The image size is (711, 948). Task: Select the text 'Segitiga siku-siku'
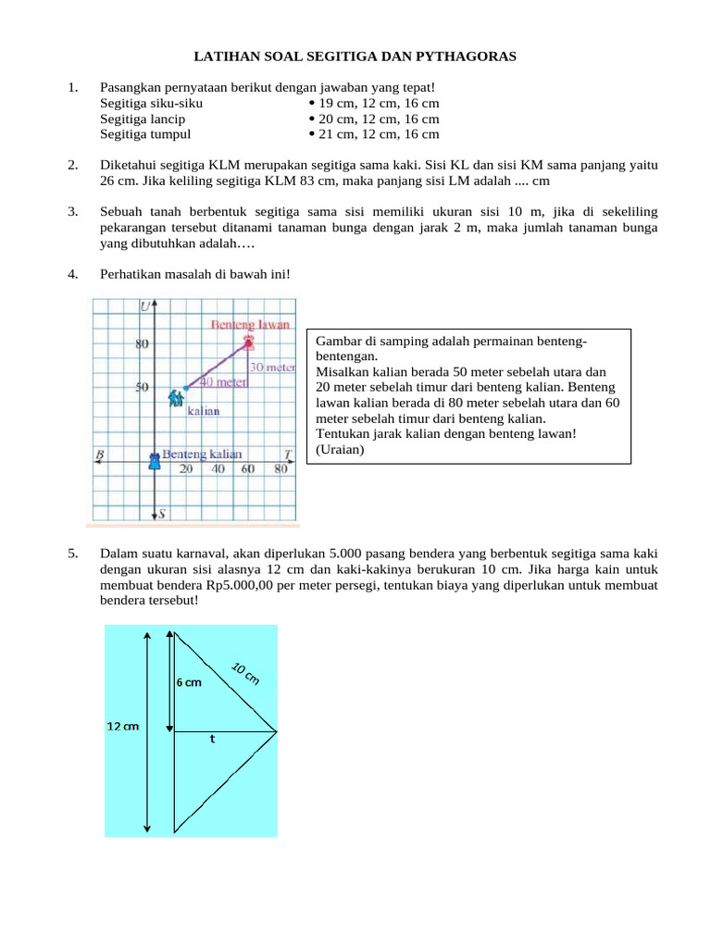151,104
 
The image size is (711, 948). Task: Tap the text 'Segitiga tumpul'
145,133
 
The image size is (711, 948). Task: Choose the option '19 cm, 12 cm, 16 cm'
379,104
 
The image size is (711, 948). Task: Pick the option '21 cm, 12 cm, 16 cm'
379,133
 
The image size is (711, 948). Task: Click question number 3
72,212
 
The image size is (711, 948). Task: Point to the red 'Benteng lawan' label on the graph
251,325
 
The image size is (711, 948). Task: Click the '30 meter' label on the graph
272,367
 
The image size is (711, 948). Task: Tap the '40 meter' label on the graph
223,382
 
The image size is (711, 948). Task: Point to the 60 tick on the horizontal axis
248,469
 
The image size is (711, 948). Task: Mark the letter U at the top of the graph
145,306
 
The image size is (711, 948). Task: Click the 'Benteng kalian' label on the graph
202,454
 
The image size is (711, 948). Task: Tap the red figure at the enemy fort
248,343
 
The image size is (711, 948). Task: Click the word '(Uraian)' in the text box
340,450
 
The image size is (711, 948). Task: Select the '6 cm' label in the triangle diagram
189,682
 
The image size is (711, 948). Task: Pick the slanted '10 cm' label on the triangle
245,673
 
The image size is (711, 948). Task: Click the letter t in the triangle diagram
213,739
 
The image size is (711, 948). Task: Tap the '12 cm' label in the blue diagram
122,727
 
